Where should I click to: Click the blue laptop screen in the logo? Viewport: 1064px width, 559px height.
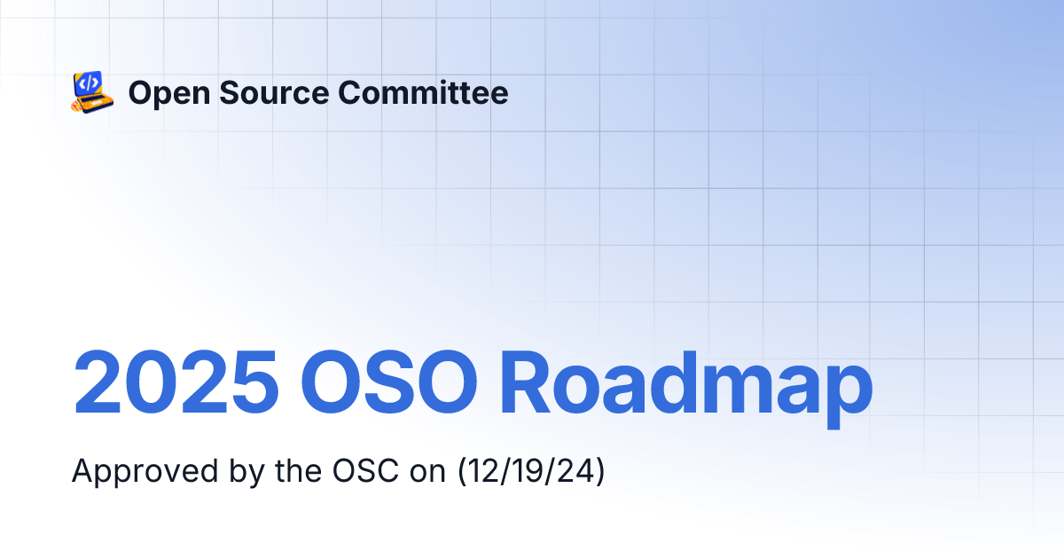tap(88, 83)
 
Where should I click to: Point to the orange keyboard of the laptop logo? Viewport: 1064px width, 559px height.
tap(95, 102)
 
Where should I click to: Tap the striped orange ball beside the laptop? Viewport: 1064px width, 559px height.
tap(77, 106)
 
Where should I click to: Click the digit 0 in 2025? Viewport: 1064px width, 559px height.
tap(147, 383)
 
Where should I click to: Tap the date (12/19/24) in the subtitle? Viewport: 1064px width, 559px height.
tap(531, 471)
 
